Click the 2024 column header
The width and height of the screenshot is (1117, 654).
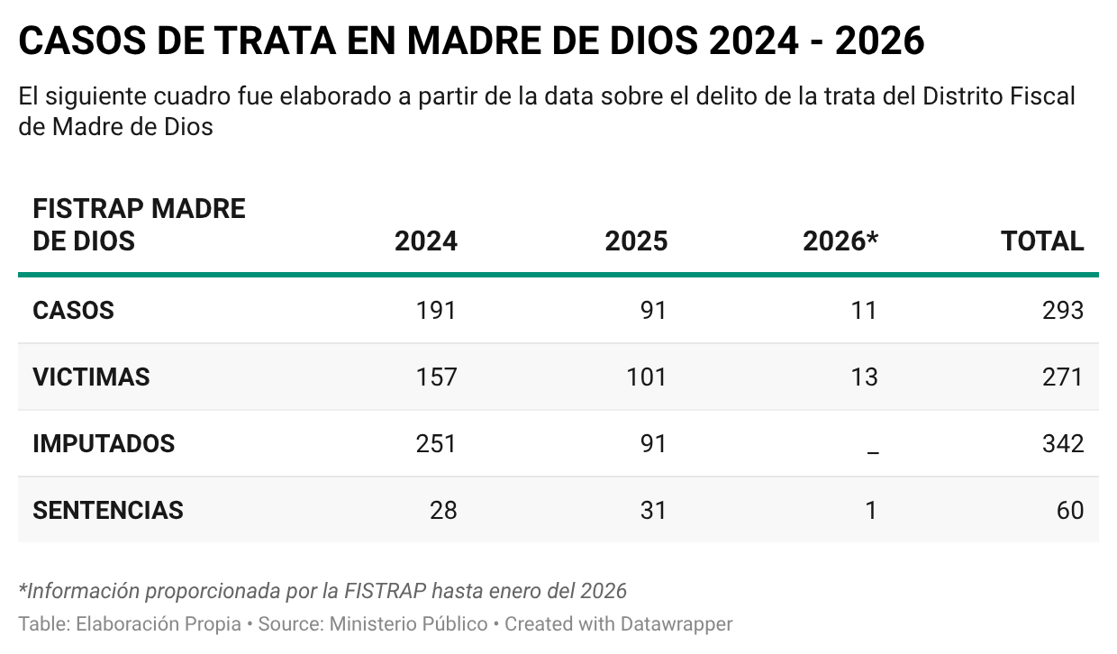click(x=425, y=241)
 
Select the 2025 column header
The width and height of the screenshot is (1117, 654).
click(x=636, y=241)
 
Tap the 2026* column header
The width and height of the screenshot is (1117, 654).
click(x=840, y=241)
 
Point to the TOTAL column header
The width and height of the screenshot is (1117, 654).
click(x=1042, y=241)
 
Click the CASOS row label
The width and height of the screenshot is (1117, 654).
click(x=73, y=310)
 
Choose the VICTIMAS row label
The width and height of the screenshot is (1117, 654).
click(x=91, y=377)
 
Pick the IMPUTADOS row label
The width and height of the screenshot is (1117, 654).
click(x=104, y=443)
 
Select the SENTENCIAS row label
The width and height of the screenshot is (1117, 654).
click(x=108, y=510)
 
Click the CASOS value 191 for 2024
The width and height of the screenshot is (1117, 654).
click(x=436, y=310)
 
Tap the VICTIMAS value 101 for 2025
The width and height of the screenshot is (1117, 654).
click(x=646, y=377)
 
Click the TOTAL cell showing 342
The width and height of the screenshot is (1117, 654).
click(x=1063, y=443)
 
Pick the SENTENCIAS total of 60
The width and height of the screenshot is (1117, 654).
click(x=1069, y=510)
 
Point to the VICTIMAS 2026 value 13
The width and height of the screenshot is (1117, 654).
click(x=863, y=377)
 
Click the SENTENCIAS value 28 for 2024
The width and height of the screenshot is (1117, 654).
click(x=442, y=510)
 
